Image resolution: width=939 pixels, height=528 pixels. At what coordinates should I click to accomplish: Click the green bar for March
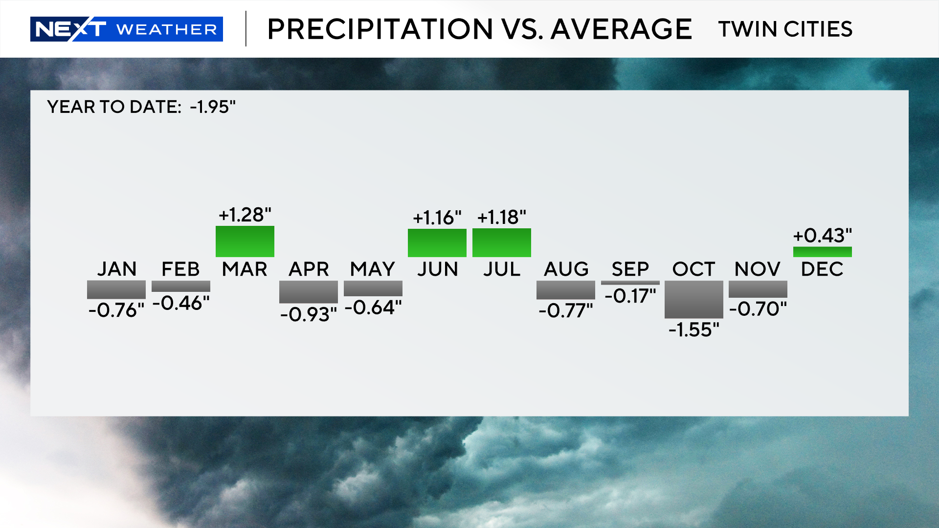tap(245, 241)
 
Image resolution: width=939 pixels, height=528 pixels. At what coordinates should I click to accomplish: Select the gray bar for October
tap(693, 299)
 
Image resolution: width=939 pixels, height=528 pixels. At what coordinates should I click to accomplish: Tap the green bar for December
tap(822, 252)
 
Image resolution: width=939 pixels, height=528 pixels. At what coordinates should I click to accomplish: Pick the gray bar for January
tap(116, 289)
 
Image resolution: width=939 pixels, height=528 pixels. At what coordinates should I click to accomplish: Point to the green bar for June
tap(437, 242)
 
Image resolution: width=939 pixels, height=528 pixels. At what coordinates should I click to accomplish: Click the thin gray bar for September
tap(630, 283)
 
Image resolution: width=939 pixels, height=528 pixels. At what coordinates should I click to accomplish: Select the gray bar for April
tap(309, 291)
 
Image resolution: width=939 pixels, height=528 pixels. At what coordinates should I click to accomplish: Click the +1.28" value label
tap(245, 215)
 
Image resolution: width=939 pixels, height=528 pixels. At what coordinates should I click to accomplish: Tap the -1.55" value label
tap(694, 330)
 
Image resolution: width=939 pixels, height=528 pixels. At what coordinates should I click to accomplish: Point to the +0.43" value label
tap(822, 236)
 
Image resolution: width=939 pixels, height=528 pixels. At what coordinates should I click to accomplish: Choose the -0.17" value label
tap(630, 296)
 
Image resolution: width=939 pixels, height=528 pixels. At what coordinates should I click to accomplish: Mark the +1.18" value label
tap(502, 217)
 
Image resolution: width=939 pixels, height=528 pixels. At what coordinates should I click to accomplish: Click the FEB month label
tap(180, 269)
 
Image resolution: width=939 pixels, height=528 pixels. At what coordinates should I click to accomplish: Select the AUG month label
tap(566, 269)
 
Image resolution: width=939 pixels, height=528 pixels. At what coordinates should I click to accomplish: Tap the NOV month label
tap(758, 269)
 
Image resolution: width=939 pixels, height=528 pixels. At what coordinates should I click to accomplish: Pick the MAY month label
tap(373, 269)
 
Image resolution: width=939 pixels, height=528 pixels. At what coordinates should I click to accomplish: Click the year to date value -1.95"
tap(213, 107)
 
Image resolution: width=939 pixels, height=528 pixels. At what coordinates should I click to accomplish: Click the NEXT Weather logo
tap(126, 29)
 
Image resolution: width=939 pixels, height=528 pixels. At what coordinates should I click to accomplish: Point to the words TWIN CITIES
tap(785, 29)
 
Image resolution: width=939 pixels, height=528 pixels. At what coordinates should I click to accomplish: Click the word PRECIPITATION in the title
tap(380, 29)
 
